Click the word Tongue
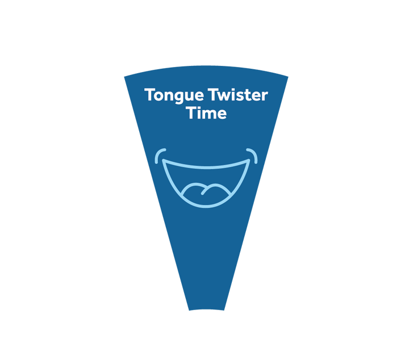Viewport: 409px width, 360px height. click(174, 95)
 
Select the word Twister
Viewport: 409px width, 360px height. click(238, 95)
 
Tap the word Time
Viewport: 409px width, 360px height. click(206, 113)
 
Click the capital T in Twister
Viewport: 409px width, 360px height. click(214, 95)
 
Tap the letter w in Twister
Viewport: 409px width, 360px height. click(226, 97)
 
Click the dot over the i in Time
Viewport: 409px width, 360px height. click(201, 107)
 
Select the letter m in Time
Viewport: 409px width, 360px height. click(210, 115)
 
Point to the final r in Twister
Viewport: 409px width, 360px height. click(265, 97)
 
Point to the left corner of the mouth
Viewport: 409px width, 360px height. click(163, 160)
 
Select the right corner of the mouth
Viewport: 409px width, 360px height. click(249, 160)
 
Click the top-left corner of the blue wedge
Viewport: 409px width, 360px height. click(124, 77)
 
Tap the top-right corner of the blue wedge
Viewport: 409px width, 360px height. click(288, 77)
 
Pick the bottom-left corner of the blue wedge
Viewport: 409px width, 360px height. click(189, 310)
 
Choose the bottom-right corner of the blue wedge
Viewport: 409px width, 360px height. click(224, 310)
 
